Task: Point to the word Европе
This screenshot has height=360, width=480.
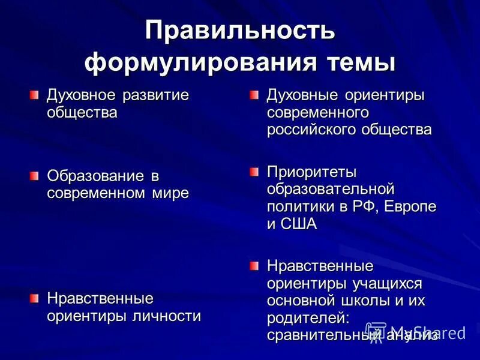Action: [x=412, y=206]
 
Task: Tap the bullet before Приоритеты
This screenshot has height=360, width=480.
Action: [x=254, y=172]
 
